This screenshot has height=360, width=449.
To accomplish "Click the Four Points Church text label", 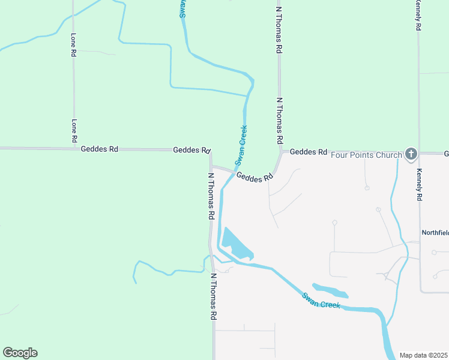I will tap(366, 155).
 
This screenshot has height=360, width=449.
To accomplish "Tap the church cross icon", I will tap(411, 154).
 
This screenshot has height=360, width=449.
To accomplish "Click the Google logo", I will tap(20, 353).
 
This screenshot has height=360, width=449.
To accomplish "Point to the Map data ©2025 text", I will tap(423, 355).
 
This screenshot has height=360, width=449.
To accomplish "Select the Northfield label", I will tap(435, 232).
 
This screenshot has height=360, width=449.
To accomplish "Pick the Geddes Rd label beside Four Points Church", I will tap(308, 152).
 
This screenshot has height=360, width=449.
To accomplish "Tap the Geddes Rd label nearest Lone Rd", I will tap(99, 149).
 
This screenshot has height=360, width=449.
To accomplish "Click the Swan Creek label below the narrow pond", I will tap(321, 301).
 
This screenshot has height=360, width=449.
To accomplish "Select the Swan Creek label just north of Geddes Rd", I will tap(241, 145).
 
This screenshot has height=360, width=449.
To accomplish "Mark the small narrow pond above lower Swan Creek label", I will tap(330, 290).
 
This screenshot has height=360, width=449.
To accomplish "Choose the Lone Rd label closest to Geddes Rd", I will tap(74, 130).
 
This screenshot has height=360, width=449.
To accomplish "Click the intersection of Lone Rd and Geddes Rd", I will tap(74, 148).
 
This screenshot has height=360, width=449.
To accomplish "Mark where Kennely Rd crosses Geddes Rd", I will tap(419, 153).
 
